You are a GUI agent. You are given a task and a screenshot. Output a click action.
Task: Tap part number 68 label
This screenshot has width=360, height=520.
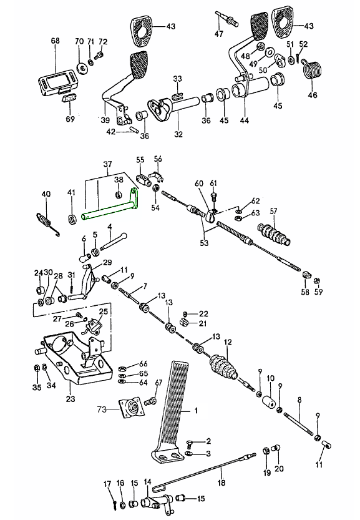click(x=56, y=41)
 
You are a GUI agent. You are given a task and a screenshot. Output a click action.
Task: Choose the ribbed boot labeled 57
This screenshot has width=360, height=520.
click(x=274, y=235)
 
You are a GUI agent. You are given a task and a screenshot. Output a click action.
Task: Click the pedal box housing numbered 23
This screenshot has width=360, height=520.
click(x=75, y=360)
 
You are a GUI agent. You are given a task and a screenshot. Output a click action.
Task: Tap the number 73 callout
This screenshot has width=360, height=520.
click(x=102, y=410)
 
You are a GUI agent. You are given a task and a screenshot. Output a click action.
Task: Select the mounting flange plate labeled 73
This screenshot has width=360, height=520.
click(x=132, y=408)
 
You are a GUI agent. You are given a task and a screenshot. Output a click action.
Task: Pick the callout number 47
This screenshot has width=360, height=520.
click(x=219, y=34)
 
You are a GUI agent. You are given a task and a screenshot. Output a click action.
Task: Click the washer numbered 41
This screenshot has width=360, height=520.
click(x=72, y=219)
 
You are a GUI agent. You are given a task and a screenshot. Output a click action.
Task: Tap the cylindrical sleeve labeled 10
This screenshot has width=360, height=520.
click(x=270, y=400)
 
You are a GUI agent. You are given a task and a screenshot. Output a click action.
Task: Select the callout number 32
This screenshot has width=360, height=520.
click(x=178, y=134)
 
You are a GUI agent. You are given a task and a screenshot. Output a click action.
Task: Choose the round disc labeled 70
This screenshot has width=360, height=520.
click(x=82, y=68)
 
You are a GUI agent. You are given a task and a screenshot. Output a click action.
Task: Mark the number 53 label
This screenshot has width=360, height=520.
click(x=204, y=243)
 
